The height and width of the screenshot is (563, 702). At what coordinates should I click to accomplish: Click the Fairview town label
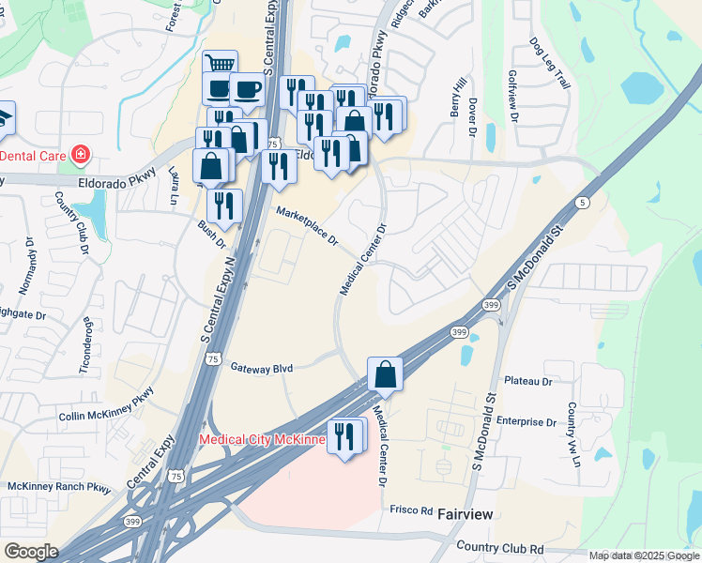pyautogui.click(x=465, y=514)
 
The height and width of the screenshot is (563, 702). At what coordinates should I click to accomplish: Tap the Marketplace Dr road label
pyautogui.click(x=307, y=228)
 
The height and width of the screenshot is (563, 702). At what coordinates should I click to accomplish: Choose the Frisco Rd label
pyautogui.click(x=412, y=510)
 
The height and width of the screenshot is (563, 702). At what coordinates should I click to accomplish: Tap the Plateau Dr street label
pyautogui.click(x=528, y=381)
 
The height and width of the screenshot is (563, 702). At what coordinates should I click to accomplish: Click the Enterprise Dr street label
pyautogui.click(x=528, y=421)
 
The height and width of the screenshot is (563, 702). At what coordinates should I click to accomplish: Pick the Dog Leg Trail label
pyautogui.click(x=550, y=63)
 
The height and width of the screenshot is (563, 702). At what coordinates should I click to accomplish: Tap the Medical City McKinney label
pyautogui.click(x=261, y=439)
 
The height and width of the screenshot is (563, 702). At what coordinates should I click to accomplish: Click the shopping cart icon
pyautogui.click(x=220, y=65)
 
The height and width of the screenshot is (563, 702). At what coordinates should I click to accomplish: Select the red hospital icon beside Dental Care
pyautogui.click(x=82, y=153)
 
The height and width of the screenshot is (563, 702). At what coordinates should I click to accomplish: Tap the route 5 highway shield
pyautogui.click(x=584, y=203)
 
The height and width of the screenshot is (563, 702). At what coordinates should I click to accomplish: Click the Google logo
pyautogui.click(x=31, y=552)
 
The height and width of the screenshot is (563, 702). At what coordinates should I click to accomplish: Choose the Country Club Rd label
pyautogui.click(x=499, y=547)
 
